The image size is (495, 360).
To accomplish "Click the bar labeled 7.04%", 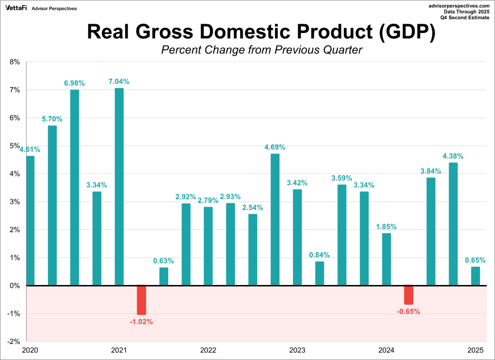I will [x=119, y=186].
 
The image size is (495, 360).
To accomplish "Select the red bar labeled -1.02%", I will [x=141, y=300].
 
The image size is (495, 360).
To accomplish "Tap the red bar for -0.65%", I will [x=408, y=295].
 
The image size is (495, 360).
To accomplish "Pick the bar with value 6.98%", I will [x=74, y=187].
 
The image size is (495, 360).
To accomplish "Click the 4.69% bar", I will [x=275, y=219].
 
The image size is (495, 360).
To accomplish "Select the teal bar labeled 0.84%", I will [x=320, y=273].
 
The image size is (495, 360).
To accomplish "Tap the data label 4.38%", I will [x=453, y=156].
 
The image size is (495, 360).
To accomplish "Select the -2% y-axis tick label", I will [x=14, y=342].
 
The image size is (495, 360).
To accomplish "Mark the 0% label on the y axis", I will [x=15, y=285].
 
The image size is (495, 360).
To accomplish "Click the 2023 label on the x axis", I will [x=297, y=350].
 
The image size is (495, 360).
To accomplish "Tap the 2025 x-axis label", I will [x=475, y=350].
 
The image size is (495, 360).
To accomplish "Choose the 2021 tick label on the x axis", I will [x=119, y=350].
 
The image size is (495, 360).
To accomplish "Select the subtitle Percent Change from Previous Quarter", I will [x=262, y=50].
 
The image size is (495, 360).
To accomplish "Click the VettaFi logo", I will [x=16, y=8].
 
